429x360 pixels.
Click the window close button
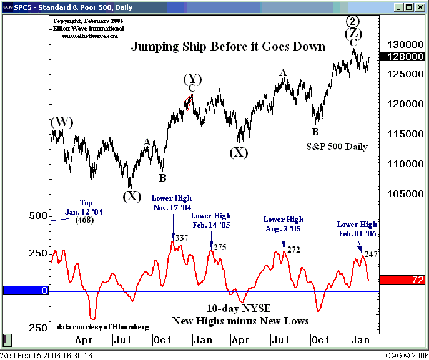[421, 7]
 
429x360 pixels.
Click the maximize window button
[410, 7]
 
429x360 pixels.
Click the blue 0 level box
[25, 291]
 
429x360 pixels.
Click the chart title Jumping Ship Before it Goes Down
[228, 47]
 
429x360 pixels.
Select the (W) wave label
[62, 122]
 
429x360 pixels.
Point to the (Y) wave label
[192, 79]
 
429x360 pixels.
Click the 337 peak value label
[182, 238]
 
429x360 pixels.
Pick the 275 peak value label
[219, 247]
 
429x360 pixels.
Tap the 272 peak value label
[294, 250]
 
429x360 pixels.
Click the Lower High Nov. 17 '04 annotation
[172, 202]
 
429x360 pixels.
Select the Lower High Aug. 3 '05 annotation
[283, 224]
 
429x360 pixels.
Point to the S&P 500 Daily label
[337, 147]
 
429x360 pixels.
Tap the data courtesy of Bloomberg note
[103, 327]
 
